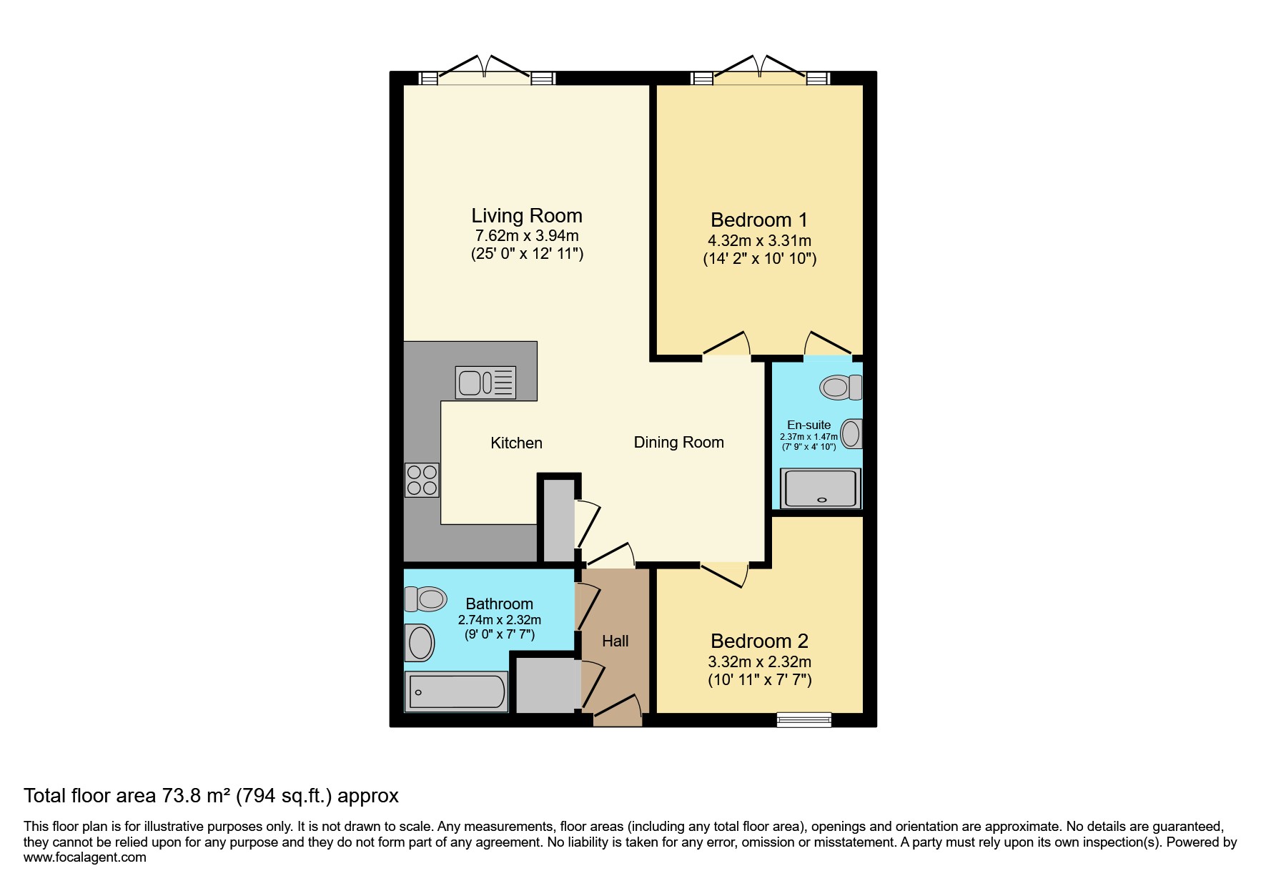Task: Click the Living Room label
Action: pos(526,216)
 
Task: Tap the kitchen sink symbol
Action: pos(485,382)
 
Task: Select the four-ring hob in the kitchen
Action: pos(422,480)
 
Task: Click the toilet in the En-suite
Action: pos(841,388)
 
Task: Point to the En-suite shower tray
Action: pos(821,488)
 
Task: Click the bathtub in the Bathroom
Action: pos(456,692)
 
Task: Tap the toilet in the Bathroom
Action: pos(425,598)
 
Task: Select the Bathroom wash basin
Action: pos(420,642)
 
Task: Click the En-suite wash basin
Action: pos(851,433)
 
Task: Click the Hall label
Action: pos(615,641)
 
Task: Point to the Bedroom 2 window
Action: pos(804,719)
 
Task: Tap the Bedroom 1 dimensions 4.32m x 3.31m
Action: pos(759,241)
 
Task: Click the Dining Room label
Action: pos(678,443)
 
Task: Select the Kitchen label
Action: pos(516,443)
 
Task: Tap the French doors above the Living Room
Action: pos(485,69)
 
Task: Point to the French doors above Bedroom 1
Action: pos(760,69)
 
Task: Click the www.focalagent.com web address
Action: pos(84,857)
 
